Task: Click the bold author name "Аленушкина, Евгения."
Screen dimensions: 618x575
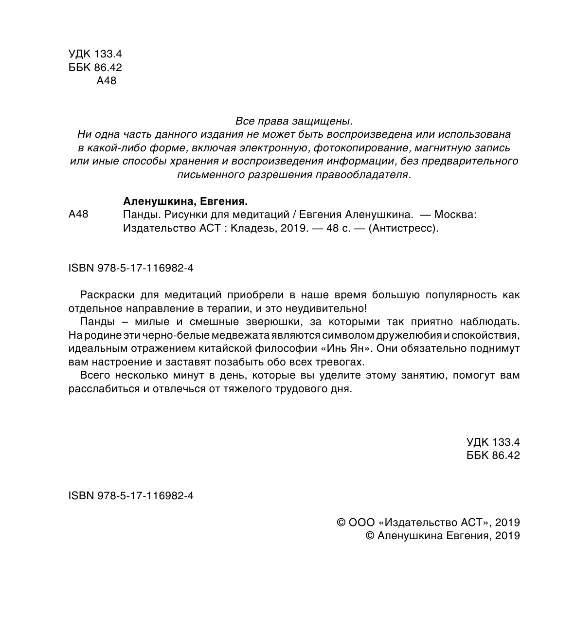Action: click(186, 201)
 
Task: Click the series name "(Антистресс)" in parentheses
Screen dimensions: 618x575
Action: click(404, 228)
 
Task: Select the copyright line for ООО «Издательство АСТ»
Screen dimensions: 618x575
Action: click(428, 522)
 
